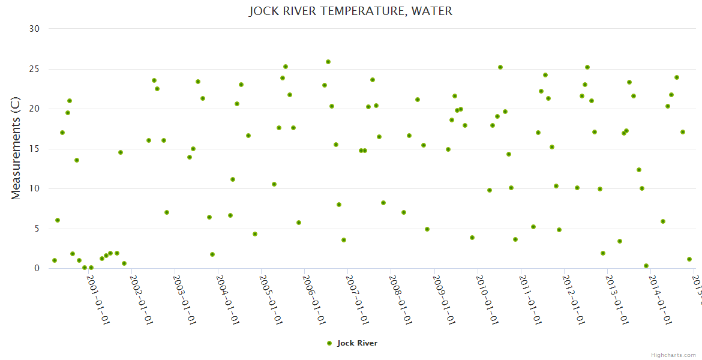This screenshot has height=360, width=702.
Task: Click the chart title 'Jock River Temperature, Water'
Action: (350, 11)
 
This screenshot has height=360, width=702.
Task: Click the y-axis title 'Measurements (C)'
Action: (16, 149)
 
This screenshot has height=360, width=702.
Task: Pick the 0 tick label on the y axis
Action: (37, 268)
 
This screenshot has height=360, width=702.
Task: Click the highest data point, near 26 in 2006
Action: (328, 62)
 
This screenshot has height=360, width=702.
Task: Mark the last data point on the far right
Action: (689, 259)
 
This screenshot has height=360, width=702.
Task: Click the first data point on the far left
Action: (55, 260)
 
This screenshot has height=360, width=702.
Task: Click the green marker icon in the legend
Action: (329, 343)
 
